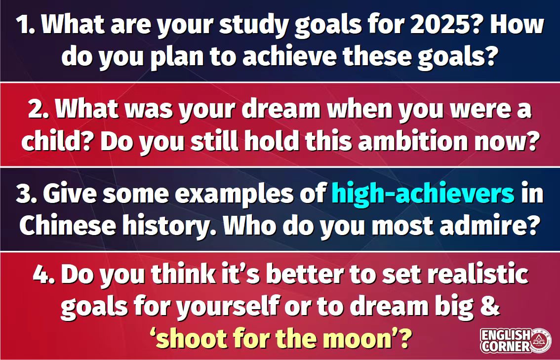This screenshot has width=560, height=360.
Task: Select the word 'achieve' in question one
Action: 290,56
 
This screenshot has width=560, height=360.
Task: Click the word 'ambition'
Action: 413,141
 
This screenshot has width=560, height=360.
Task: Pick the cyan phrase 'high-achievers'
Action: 423,194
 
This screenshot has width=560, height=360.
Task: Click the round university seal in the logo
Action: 540,341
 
